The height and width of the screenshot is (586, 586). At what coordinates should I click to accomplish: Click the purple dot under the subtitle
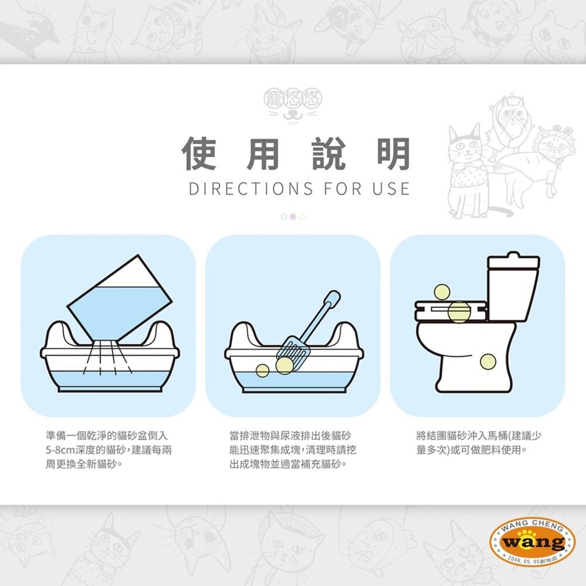point(293,216)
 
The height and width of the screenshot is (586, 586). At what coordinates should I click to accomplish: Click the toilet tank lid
point(514,259)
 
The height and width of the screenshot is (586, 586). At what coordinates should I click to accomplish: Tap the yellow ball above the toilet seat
point(441,292)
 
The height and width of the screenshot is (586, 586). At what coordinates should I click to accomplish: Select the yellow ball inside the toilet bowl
point(488,362)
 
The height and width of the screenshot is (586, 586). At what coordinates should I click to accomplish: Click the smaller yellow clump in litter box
point(263,370)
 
